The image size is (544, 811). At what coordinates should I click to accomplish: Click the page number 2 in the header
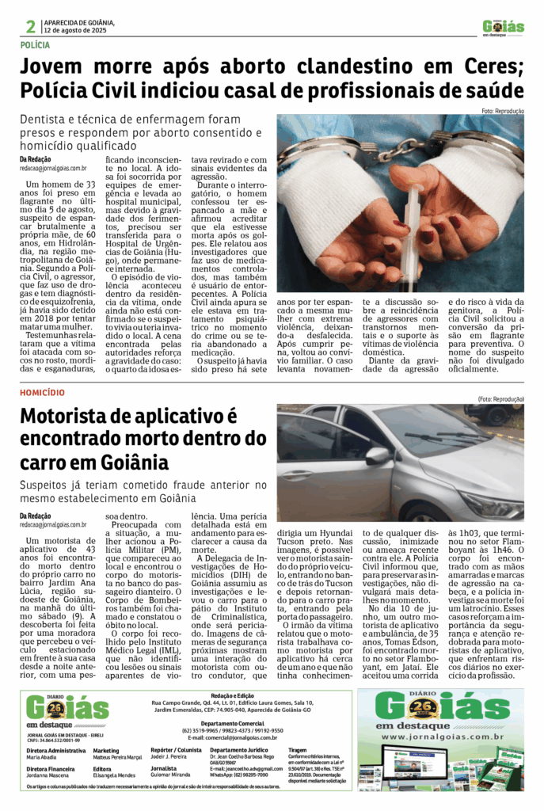point(30,27)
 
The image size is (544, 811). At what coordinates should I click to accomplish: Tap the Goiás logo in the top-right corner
point(504,27)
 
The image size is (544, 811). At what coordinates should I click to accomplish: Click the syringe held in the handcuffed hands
point(411,230)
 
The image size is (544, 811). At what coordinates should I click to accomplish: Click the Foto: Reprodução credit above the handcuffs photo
point(502,111)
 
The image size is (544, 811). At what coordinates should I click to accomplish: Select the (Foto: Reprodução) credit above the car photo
point(500,399)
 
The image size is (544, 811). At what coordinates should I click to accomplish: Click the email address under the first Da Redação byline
point(53,168)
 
